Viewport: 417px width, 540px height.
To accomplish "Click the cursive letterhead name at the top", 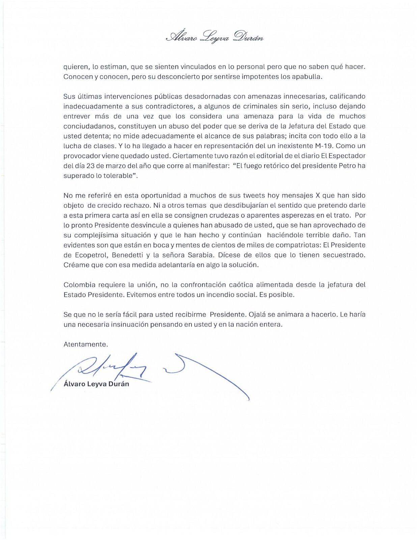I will (215, 36).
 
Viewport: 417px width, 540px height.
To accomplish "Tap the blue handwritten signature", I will (135, 368).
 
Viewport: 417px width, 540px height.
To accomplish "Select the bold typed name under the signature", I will (96, 384).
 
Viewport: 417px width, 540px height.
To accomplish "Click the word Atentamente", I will (85, 345).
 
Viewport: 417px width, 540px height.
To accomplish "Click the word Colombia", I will (77, 285).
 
